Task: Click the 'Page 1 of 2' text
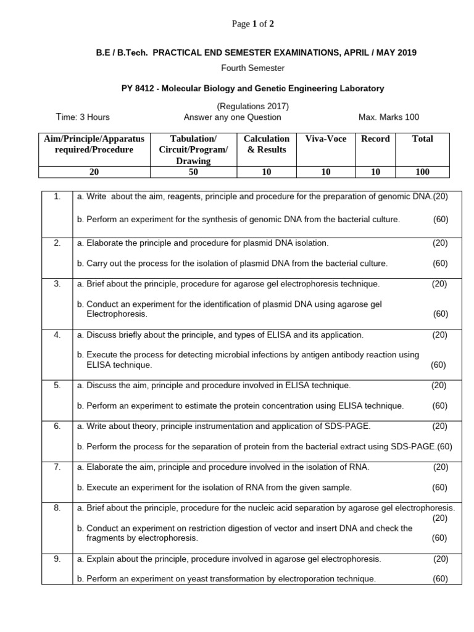(x=252, y=24)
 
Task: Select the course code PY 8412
(x=137, y=88)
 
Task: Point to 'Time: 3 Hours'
(x=83, y=117)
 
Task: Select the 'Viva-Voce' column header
(x=326, y=139)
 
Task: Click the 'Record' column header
(x=375, y=139)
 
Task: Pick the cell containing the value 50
(x=193, y=172)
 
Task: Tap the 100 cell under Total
(x=422, y=172)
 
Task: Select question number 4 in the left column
(x=57, y=335)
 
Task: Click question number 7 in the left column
(x=57, y=467)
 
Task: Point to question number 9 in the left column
(x=57, y=559)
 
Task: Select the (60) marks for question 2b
(x=440, y=263)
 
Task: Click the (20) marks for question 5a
(x=439, y=385)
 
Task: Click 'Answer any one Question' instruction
(x=232, y=117)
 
